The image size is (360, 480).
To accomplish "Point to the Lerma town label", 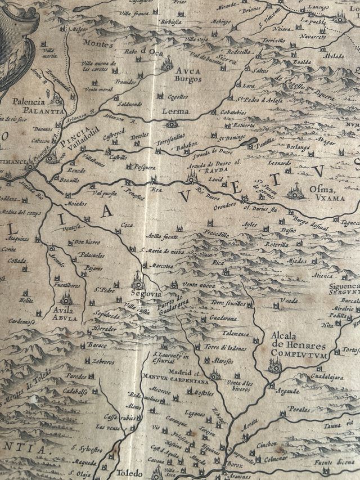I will pyautogui.click(x=175, y=111).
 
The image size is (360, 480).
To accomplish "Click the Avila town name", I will pyautogui.click(x=64, y=309).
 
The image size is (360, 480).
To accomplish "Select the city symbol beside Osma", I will pyautogui.click(x=296, y=192).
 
